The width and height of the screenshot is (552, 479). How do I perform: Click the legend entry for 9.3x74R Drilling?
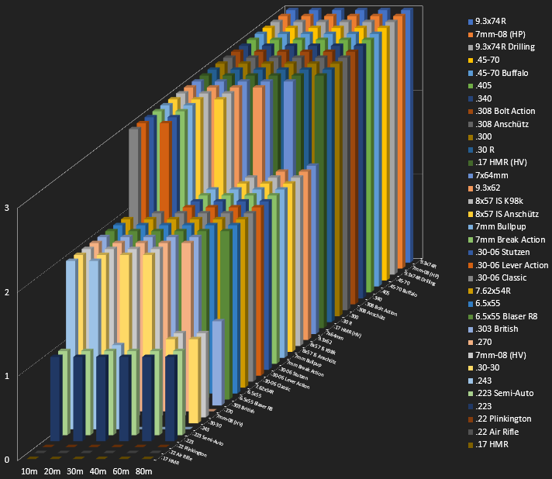[505, 47]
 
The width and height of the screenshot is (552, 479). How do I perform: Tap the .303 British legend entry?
[499, 329]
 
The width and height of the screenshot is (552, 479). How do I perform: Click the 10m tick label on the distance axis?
[30, 472]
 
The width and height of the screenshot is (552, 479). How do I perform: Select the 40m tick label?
[98, 472]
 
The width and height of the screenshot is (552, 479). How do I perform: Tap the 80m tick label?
[143, 472]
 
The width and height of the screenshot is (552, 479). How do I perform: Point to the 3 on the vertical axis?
[6, 208]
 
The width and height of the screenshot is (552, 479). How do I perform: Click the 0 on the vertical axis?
[6, 460]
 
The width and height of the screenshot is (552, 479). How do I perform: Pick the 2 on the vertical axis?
[6, 292]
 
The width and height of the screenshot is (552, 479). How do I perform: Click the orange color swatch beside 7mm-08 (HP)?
[470, 35]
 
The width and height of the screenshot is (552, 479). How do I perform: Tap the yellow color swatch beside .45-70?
[470, 60]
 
